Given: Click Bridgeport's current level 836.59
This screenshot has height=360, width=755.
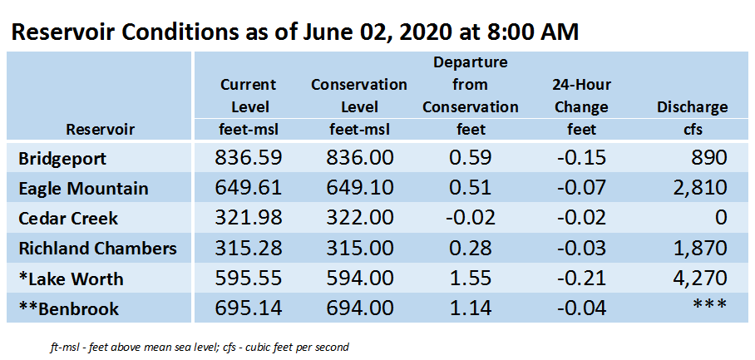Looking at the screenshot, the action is (248, 158).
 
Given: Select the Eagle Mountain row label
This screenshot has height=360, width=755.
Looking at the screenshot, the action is (83, 188).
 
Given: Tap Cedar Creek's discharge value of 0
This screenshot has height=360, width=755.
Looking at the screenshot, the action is (721, 218).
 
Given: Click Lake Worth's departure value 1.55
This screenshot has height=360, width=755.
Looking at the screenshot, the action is (470, 279).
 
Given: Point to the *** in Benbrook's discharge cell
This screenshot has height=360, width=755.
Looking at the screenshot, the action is (710, 305).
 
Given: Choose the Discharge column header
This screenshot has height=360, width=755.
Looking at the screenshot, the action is (692, 107).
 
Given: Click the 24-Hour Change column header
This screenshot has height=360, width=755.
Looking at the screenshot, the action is (582, 96).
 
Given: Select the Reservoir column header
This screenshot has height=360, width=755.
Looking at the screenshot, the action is (100, 129).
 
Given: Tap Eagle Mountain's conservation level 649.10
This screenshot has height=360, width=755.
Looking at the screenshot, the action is (359, 188).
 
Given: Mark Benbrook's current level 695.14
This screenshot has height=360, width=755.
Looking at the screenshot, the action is (248, 308).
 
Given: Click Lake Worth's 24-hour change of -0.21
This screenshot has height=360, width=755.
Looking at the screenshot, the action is (582, 279).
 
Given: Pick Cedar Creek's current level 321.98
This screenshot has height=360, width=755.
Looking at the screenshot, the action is (248, 218).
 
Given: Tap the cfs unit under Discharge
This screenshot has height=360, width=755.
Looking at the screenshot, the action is (692, 129).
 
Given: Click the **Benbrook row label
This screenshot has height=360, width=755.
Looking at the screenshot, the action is (68, 308).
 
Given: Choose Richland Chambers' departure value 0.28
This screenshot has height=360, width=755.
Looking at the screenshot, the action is (470, 249).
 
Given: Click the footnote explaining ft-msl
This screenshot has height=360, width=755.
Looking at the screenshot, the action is (199, 347).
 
